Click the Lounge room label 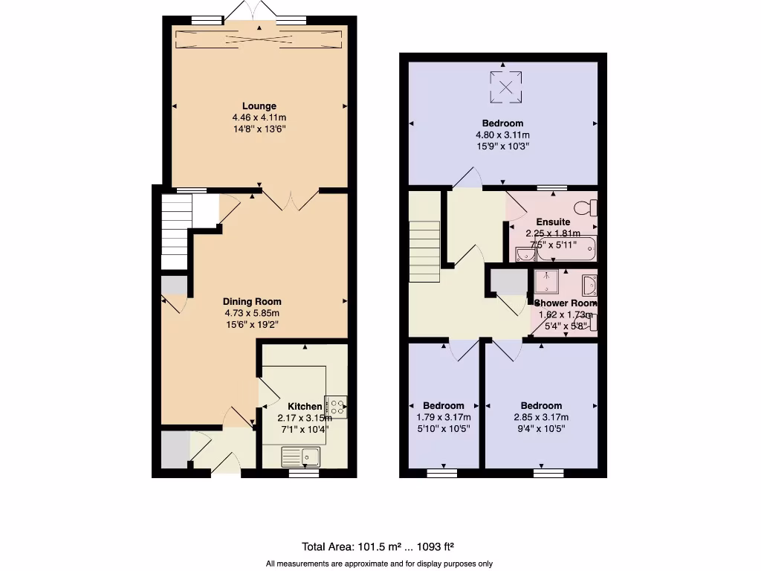[x=259, y=106]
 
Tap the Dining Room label [x=252, y=302]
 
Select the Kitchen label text [x=305, y=407]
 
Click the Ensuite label [x=553, y=222]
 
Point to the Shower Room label [x=565, y=303]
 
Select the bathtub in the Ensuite [x=566, y=248]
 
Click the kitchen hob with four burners [x=335, y=406]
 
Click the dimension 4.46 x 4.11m [x=259, y=117]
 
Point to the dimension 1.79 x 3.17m [x=444, y=418]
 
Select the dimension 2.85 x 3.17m [x=540, y=418]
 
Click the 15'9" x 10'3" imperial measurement [x=502, y=146]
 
